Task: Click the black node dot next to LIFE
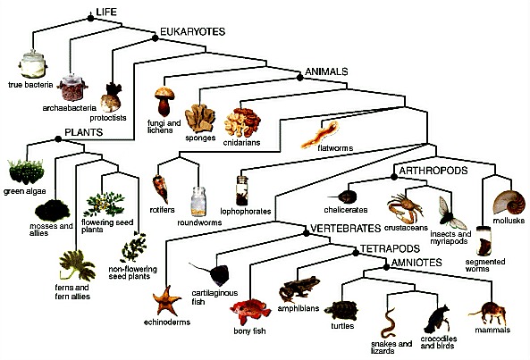pos(90,18)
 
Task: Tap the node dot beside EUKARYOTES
pos(156,38)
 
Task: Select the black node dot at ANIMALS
pos(299,78)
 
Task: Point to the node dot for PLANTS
pos(58,138)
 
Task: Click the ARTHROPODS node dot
pos(394,177)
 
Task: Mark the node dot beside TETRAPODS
pos(356,253)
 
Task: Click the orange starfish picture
pos(166,300)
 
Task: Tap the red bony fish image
pos(250,312)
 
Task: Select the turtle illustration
pos(341,311)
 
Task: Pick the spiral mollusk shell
pos(509,202)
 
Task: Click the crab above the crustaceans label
pos(405,206)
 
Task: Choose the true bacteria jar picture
pos(33,64)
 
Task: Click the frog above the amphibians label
pos(299,289)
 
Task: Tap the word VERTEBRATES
pos(346,229)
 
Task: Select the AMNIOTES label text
pos(416,263)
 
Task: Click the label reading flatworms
pos(335,148)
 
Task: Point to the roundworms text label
pos(199,222)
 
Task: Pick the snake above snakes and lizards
pos(389,322)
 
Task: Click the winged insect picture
pos(452,213)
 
